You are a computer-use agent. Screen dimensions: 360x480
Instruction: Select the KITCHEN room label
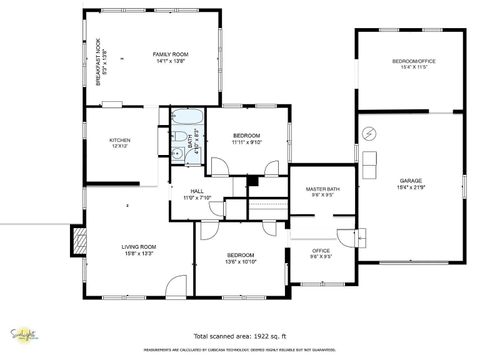click(x=120, y=140)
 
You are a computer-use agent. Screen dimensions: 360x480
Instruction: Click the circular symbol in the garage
click(x=367, y=133)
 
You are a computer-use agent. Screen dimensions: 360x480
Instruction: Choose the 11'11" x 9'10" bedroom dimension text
click(x=246, y=142)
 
